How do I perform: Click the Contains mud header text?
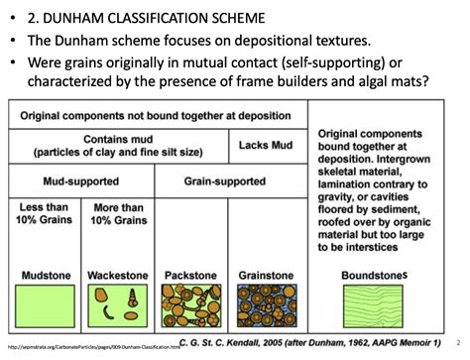pos(118,146)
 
